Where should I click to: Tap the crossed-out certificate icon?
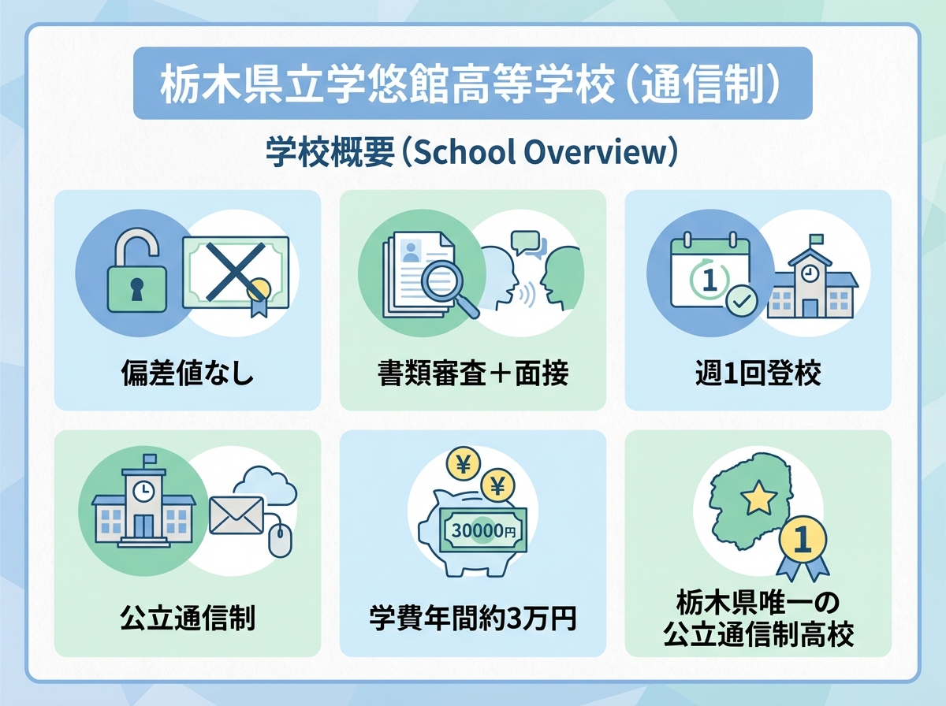235,273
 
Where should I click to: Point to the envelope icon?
236,516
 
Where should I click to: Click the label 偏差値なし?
188,373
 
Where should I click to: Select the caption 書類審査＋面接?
473,373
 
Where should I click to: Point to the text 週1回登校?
758,373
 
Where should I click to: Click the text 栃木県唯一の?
758,604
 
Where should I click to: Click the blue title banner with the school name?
472,84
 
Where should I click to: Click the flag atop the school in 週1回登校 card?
815,239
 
